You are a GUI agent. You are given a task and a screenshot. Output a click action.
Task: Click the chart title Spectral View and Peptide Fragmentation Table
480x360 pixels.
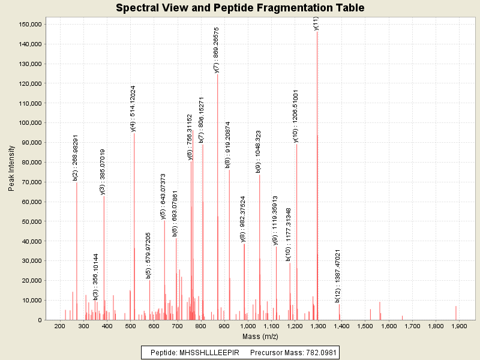(x=240, y=8)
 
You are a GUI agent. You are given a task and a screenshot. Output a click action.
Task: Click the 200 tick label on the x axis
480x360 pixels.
(x=60, y=326)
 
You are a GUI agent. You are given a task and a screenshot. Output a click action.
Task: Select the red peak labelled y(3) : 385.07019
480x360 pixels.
(x=104, y=258)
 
